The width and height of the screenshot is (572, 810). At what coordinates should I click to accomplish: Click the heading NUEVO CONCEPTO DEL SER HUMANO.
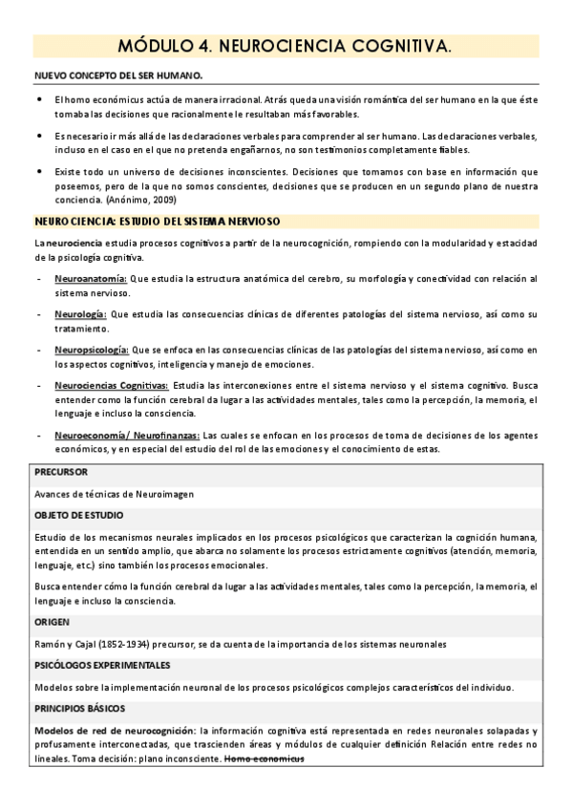click(x=117, y=75)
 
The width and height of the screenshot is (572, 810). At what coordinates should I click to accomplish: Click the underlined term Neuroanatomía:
click(x=91, y=279)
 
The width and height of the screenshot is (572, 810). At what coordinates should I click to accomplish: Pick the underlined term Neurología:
click(x=81, y=313)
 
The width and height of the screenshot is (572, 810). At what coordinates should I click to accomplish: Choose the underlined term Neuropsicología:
click(x=92, y=350)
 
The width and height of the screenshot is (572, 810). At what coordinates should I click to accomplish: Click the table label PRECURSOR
click(x=61, y=472)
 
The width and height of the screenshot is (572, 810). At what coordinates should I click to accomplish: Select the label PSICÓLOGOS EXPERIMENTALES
click(x=102, y=664)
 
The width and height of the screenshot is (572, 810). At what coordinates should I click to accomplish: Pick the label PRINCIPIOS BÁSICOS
click(x=82, y=708)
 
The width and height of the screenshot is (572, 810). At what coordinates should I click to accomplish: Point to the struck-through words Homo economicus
click(x=264, y=758)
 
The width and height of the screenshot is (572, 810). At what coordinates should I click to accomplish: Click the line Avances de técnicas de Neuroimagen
click(x=114, y=494)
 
